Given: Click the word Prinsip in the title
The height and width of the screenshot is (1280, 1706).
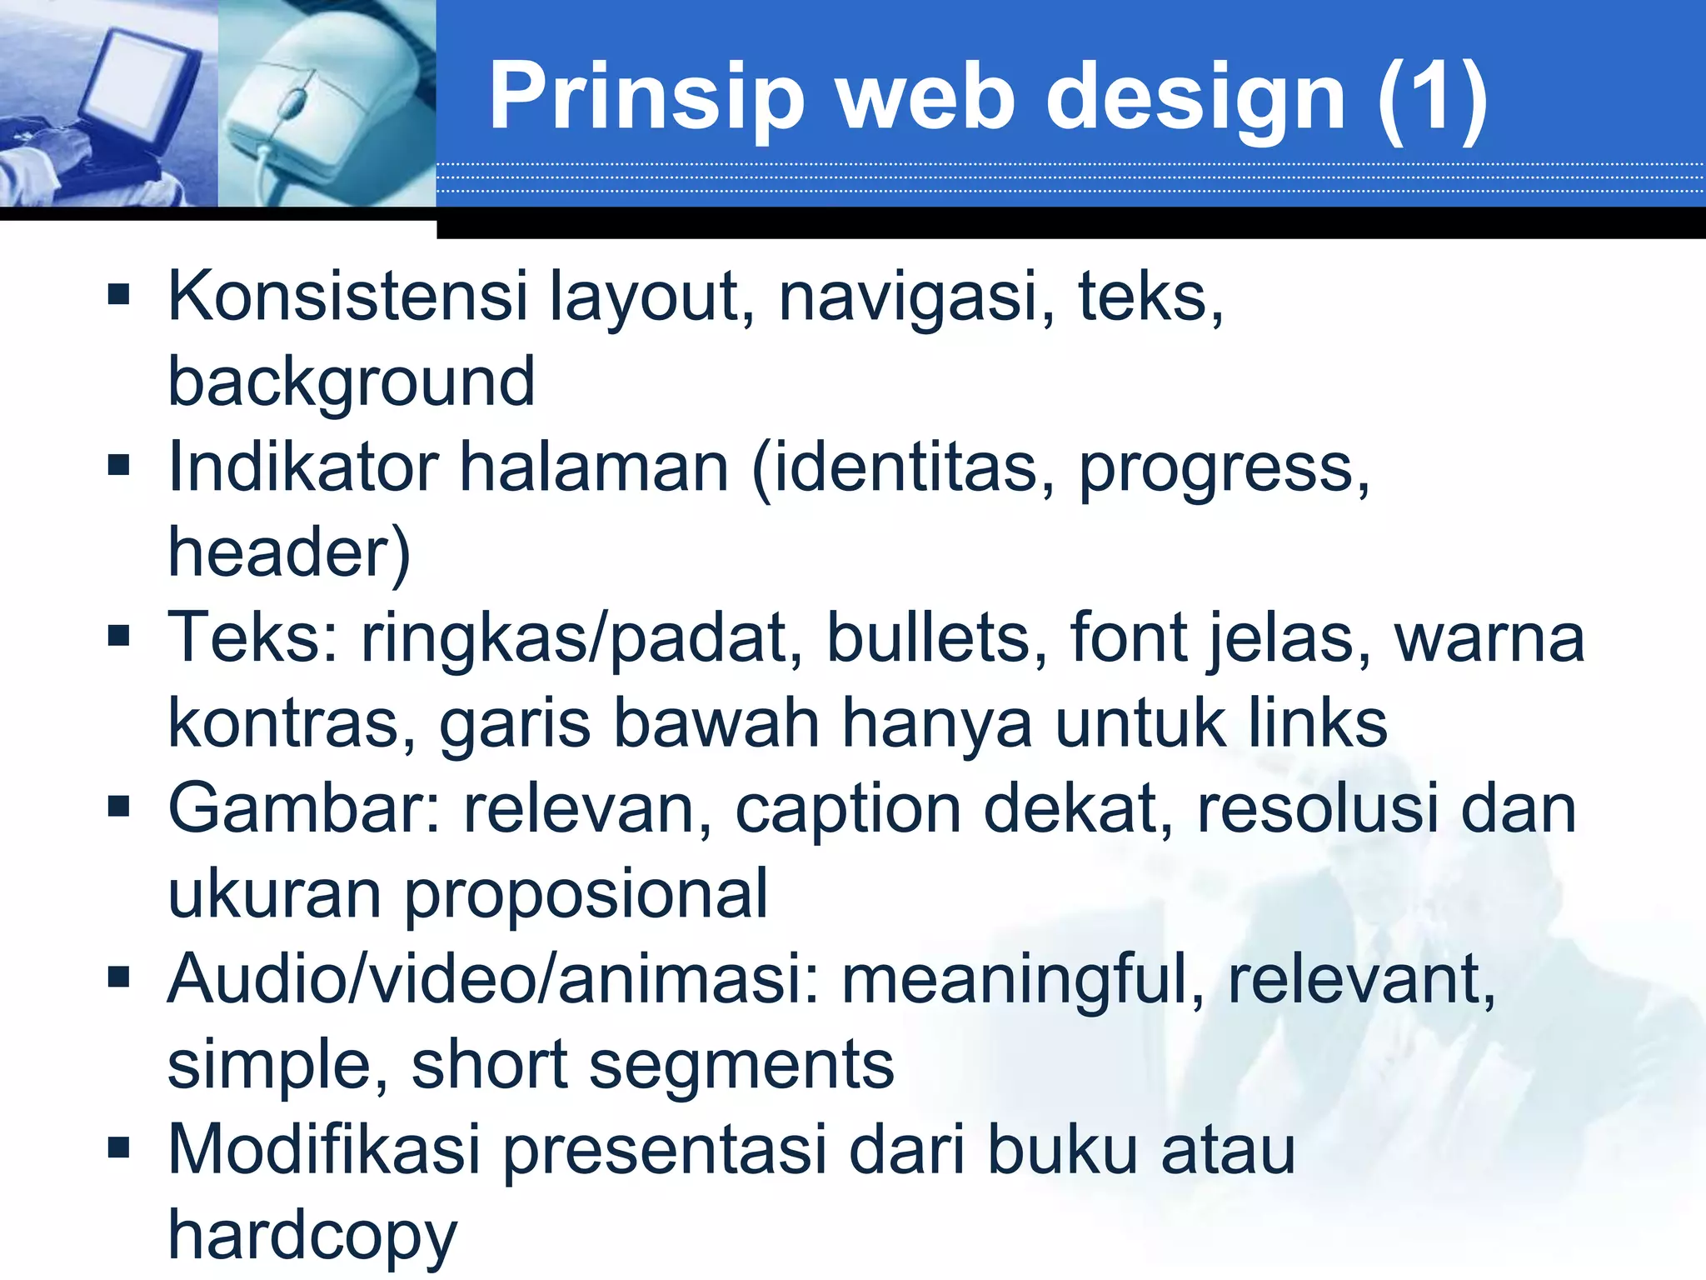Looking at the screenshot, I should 646,98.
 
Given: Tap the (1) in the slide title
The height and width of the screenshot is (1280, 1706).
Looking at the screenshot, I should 1432,98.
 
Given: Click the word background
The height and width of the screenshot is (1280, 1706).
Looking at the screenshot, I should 351,383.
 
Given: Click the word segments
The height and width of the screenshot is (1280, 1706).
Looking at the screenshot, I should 741,1066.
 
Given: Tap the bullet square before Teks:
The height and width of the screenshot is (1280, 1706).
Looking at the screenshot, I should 119,637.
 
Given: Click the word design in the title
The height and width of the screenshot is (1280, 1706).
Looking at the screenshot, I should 1195,98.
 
